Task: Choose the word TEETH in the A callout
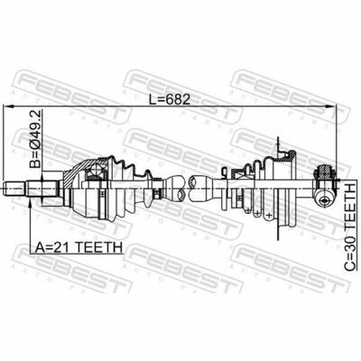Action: [99, 246]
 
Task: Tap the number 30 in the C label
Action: [348, 236]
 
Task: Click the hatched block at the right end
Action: [323, 173]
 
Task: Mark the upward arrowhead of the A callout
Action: [32, 203]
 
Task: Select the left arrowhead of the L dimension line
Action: [12, 106]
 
